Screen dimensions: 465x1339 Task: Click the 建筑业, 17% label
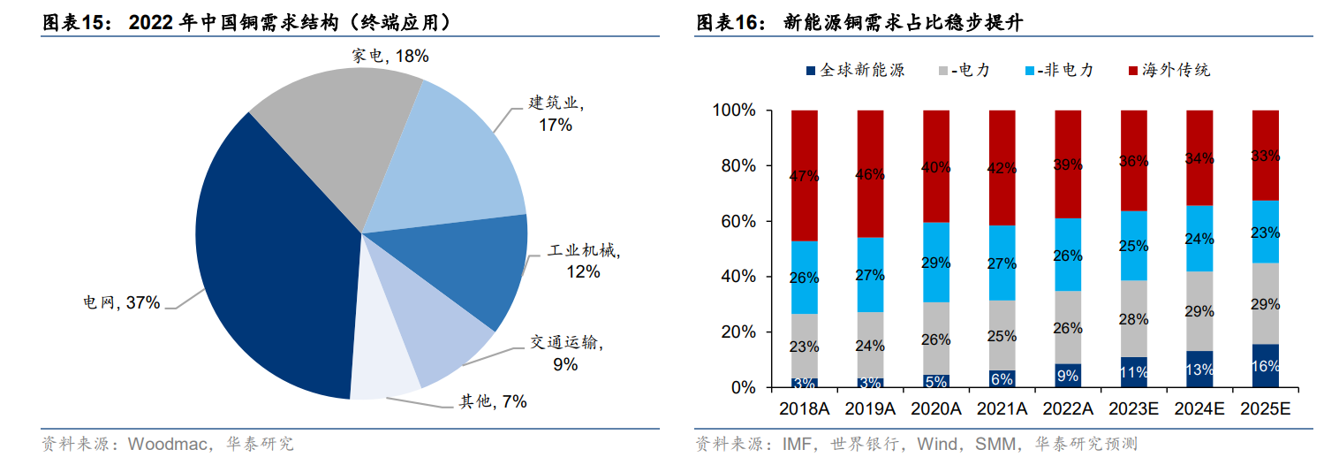point(556,114)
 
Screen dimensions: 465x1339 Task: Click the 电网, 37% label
point(121,303)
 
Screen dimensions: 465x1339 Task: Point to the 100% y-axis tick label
point(730,111)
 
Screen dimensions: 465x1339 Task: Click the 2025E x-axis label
point(1266,409)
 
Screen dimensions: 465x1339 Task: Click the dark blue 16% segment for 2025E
point(1266,366)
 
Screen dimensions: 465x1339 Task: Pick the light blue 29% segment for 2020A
point(936,262)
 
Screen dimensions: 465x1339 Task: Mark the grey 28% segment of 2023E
point(1134,319)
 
